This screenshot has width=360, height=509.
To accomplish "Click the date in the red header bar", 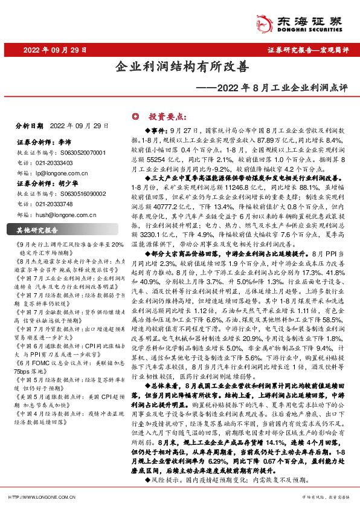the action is click(55, 50).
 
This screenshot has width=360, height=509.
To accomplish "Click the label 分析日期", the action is click(29, 126).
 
